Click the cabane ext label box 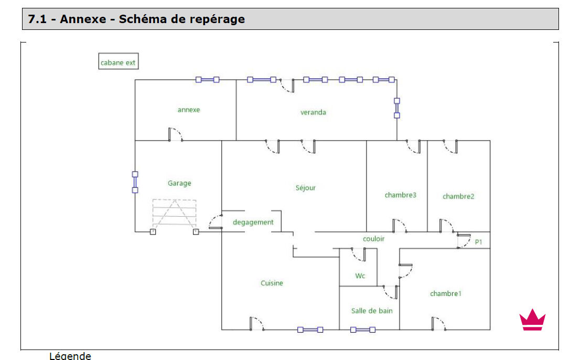118,62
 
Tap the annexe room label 189,110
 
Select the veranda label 313,112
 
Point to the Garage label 179,183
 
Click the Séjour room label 306,187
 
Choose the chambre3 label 401,195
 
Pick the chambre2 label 458,196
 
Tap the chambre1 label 446,293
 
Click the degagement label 253,222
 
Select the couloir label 374,239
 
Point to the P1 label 478,242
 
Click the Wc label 360,276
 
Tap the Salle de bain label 372,311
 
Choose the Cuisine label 272,283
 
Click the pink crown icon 532,320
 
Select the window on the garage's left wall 135,182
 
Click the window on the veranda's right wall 397,108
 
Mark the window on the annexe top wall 207,80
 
